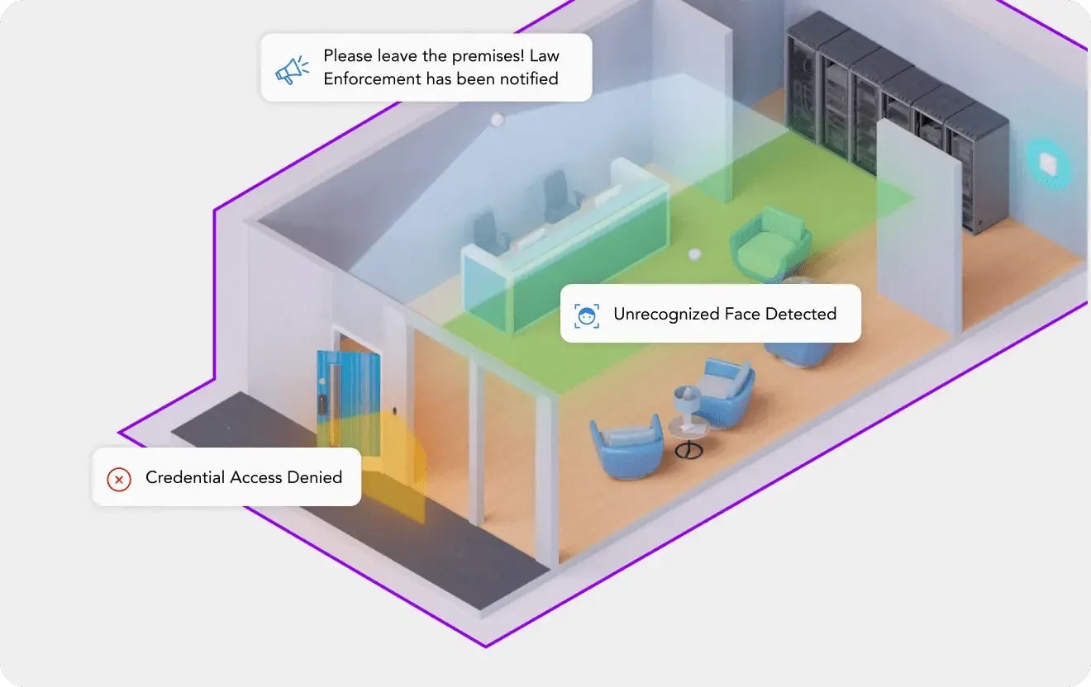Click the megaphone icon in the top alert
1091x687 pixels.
[292, 69]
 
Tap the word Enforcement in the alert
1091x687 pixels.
[370, 79]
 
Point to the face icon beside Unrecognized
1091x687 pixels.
[587, 315]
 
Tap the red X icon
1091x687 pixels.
[119, 478]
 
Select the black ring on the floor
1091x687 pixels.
[688, 451]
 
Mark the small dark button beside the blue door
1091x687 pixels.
[398, 410]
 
